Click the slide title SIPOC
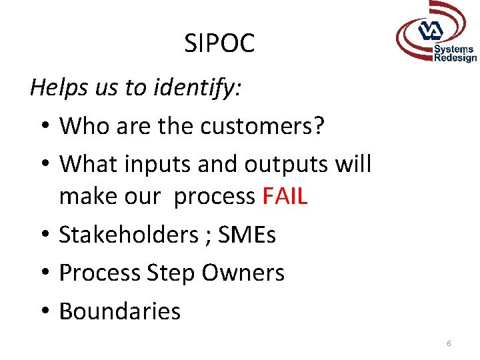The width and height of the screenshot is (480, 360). tap(219, 44)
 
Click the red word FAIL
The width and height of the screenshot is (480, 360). tap(285, 196)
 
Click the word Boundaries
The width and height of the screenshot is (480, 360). tap(120, 311)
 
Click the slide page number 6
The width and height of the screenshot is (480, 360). tap(449, 343)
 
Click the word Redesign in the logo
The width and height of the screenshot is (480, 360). tap(455, 58)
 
